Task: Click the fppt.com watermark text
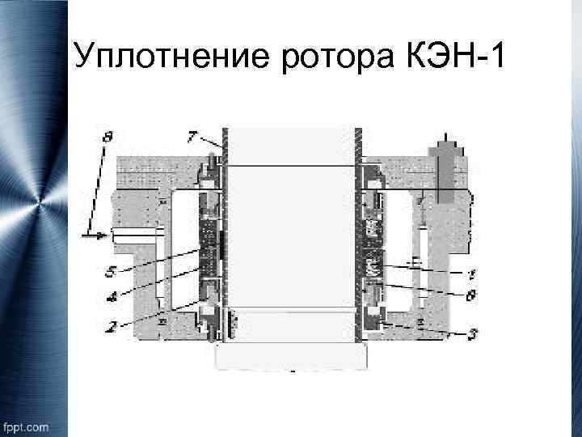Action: [x=26, y=426]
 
